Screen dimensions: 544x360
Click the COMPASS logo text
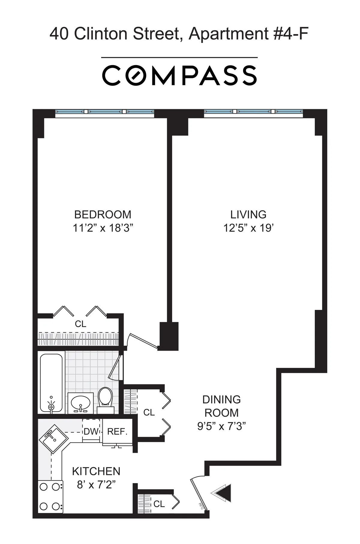tap(179, 75)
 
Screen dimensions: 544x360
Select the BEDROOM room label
tap(103, 215)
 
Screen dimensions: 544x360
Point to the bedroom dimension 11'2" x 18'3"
tap(103, 228)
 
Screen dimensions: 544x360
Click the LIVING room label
tap(248, 215)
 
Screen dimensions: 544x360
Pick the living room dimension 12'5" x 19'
tap(248, 228)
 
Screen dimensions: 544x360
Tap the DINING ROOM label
tap(221, 406)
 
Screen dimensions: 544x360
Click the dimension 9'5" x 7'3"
tap(221, 426)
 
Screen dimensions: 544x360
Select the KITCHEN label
tap(96, 471)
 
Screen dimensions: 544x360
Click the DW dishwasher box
tap(91, 431)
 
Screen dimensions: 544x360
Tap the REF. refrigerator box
tap(117, 431)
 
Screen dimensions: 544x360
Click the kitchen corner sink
tap(54, 438)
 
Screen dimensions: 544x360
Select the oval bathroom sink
tap(80, 401)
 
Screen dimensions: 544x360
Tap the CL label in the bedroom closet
tap(80, 324)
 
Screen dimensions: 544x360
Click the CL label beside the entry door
tap(159, 504)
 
